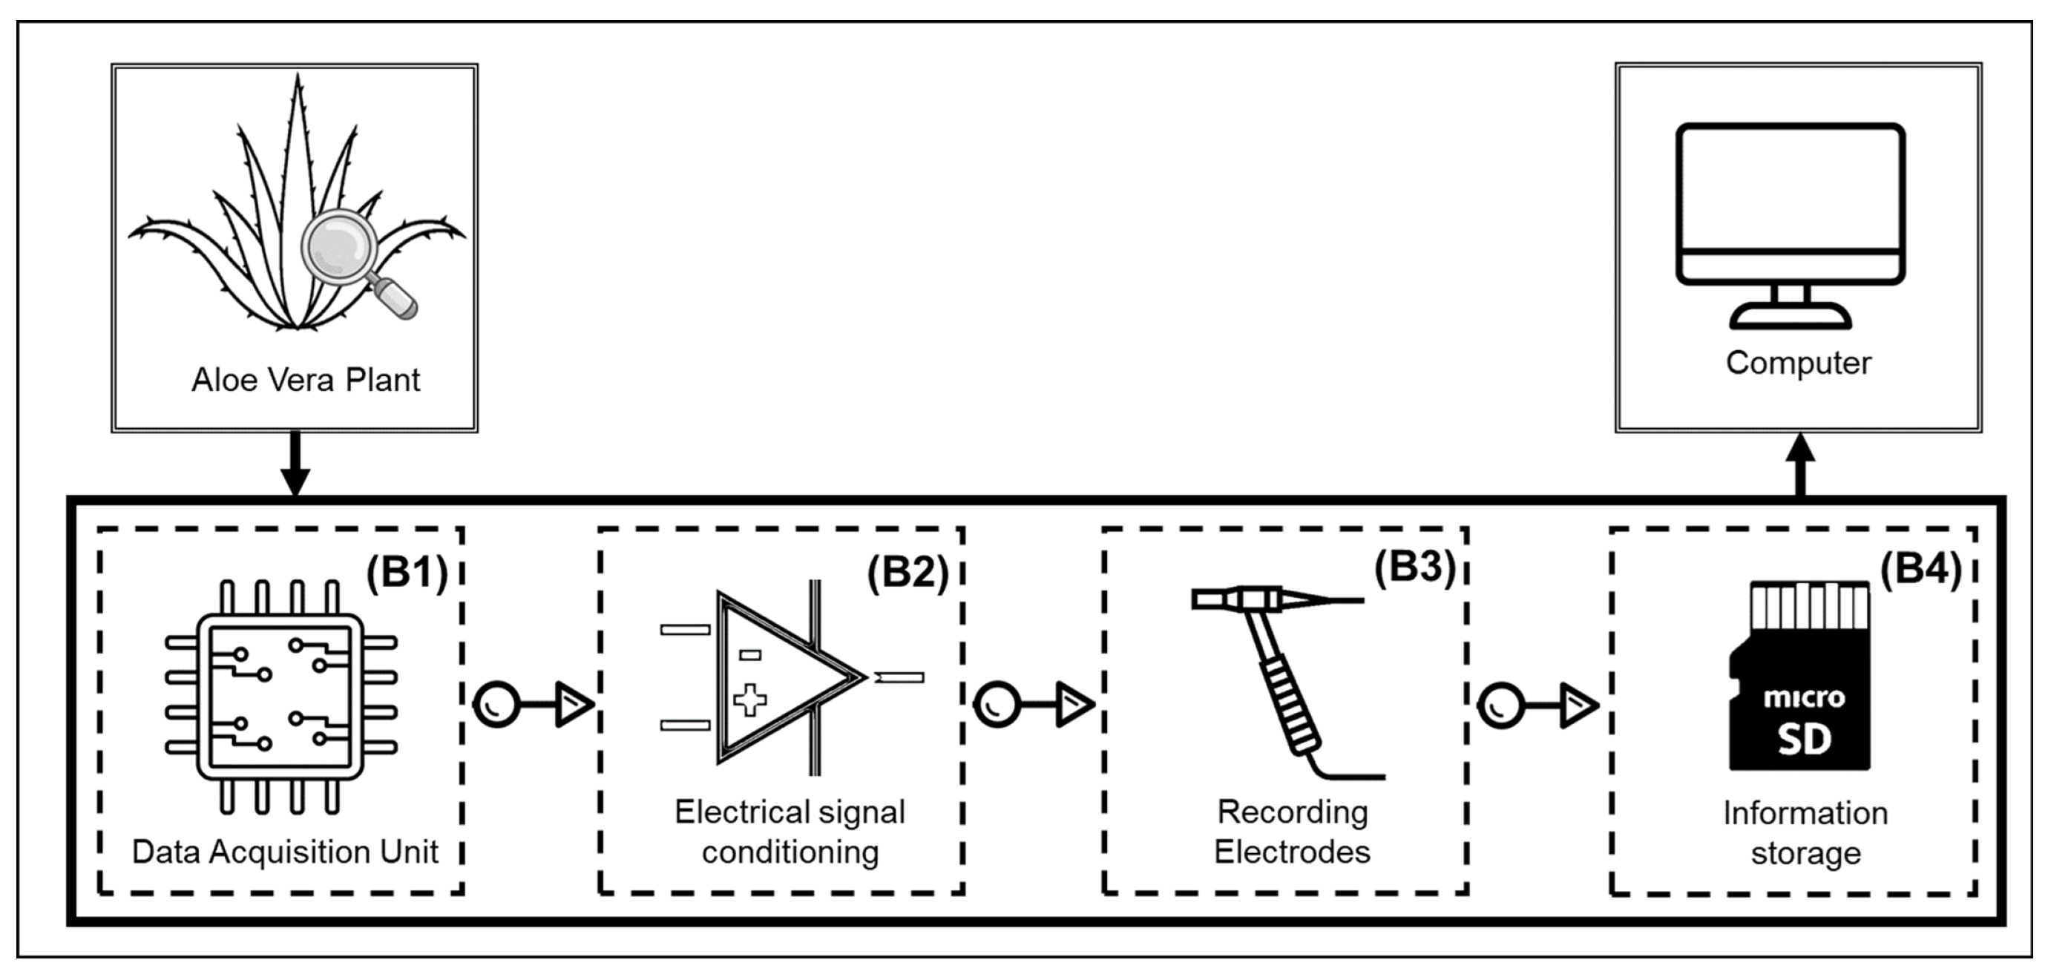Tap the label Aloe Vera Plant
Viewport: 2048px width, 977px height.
(305, 380)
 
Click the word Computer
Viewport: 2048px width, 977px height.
(1799, 364)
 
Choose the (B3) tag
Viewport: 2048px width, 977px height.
(1414, 567)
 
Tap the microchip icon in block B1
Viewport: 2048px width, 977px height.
(280, 698)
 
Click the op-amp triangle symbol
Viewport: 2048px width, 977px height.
(783, 678)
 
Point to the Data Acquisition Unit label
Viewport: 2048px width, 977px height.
(285, 852)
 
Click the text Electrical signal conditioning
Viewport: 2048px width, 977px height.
(790, 832)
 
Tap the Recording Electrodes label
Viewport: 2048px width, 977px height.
(1293, 832)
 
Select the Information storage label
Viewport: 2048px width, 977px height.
(1805, 833)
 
